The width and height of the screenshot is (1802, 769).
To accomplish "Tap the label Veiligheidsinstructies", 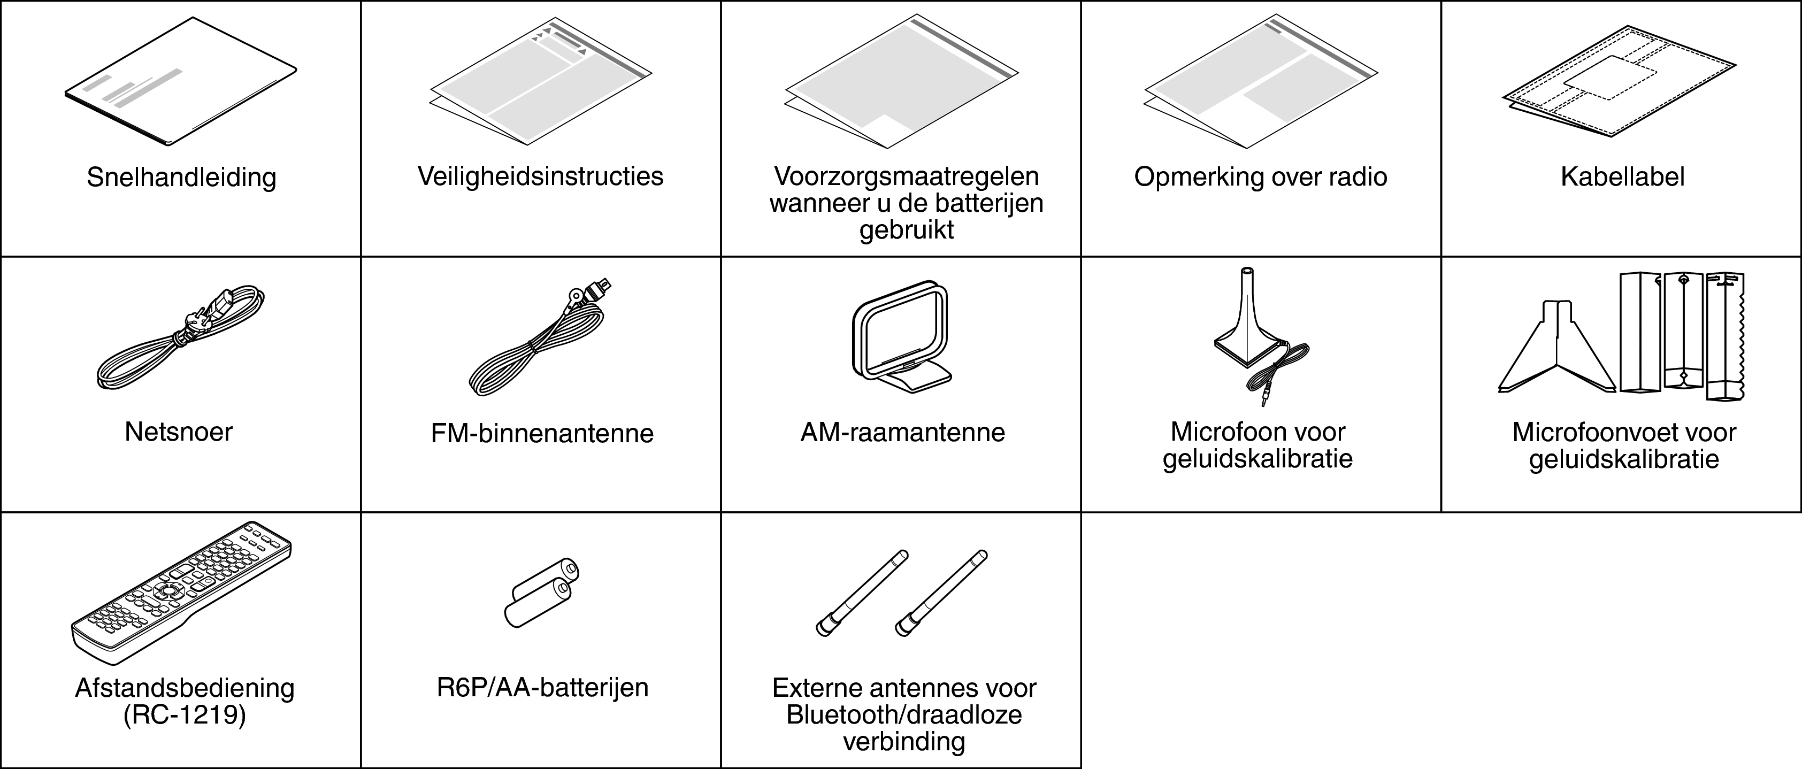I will point(540,176).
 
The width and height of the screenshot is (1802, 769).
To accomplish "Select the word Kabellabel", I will point(1622,177).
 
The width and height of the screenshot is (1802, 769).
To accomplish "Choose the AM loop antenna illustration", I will point(901,335).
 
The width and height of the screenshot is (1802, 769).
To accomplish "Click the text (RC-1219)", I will point(185,716).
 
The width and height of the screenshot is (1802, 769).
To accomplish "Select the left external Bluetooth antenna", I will point(862,593).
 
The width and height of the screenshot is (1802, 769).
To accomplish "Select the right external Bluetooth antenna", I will point(941,593).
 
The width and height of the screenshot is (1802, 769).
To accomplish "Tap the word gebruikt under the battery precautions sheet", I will point(906,229).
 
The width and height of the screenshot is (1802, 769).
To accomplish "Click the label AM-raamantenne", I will point(902,433).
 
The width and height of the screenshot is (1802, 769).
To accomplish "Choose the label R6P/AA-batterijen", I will point(542,688).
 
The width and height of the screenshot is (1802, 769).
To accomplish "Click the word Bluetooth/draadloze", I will point(904,715).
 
